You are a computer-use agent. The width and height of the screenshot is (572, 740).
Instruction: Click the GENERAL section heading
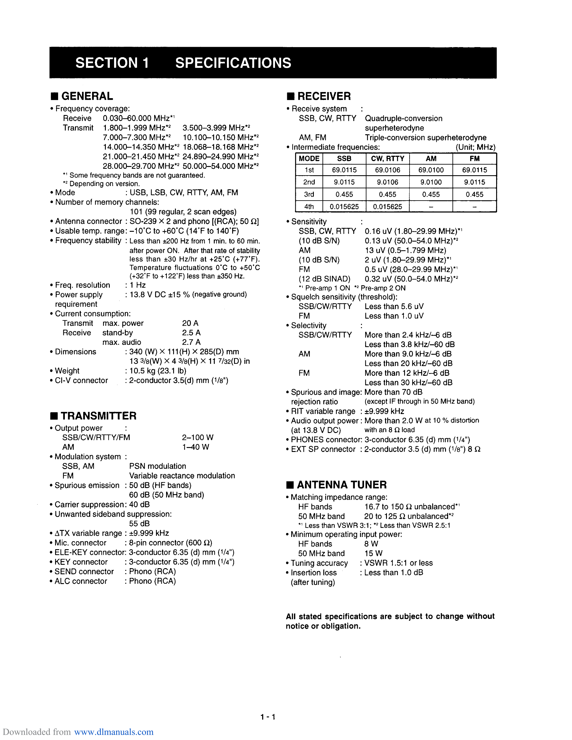(87, 96)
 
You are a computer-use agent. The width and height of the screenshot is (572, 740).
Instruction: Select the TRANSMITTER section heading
(98, 416)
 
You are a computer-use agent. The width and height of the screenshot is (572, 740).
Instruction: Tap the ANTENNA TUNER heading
(341, 485)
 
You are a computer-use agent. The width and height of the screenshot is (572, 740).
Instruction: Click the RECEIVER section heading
(324, 96)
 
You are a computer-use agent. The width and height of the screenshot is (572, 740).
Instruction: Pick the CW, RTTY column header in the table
(387, 159)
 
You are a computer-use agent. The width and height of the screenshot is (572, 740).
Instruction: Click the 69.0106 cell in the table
(387, 170)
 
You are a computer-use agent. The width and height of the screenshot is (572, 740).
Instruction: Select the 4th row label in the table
(309, 207)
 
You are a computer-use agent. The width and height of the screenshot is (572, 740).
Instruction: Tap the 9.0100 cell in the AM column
(431, 182)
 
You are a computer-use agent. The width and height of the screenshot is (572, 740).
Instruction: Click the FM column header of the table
(474, 159)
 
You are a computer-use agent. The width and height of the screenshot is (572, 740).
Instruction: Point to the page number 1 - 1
(268, 717)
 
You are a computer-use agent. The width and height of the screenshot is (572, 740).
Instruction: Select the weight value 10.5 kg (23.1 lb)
(158, 371)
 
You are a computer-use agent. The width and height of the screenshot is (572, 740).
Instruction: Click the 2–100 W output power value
(198, 438)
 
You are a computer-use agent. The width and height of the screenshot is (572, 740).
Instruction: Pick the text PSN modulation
(158, 466)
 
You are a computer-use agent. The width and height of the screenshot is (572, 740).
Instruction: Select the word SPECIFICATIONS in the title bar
(233, 63)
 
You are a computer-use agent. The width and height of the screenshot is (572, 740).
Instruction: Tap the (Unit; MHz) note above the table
(475, 147)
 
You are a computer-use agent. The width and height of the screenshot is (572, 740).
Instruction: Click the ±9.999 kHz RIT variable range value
(384, 411)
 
